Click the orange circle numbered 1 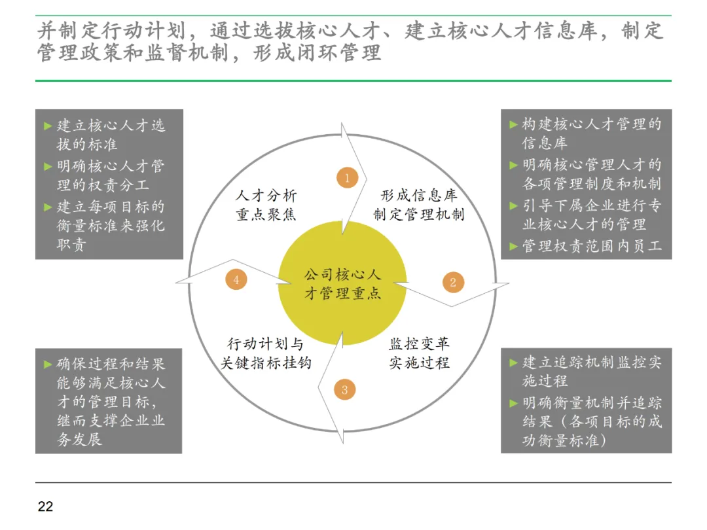(347, 177)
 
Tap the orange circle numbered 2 (452, 283)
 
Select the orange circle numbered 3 (344, 391)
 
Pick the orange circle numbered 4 (236, 279)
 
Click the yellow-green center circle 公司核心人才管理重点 (342, 283)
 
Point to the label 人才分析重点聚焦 (266, 205)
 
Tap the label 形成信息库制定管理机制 (419, 205)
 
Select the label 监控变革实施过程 (420, 353)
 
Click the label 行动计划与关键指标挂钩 (265, 353)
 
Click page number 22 (45, 506)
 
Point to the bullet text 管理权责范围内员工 (591, 246)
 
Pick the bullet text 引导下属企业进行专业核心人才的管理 (591, 215)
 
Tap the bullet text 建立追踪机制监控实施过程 (591, 371)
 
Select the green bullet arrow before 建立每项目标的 (48, 207)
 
